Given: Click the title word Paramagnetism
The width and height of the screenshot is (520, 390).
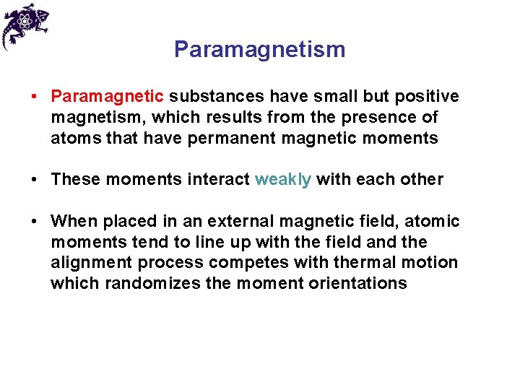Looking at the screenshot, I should (259, 49).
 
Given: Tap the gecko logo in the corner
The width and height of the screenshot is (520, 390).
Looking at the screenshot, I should (25, 25).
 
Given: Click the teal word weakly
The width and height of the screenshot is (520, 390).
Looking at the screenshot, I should (282, 179).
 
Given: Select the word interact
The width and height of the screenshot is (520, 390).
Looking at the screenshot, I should (220, 179).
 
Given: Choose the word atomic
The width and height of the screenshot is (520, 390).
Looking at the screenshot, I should (431, 221).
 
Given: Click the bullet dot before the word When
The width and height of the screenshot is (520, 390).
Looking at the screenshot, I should (35, 221).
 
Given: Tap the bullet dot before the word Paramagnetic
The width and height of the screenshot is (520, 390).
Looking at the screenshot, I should (35, 97).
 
